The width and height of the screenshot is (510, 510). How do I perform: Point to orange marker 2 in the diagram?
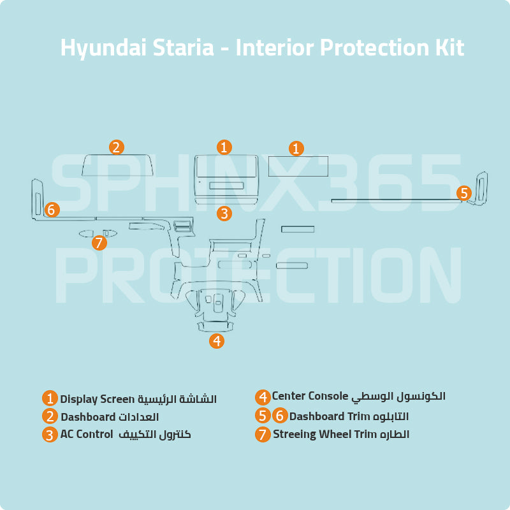[116, 147]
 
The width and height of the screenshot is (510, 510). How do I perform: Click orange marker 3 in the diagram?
[224, 213]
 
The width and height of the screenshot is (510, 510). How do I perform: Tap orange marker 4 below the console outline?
[217, 341]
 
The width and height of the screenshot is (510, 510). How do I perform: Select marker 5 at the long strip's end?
[463, 193]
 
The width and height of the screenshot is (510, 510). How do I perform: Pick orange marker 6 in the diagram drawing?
[52, 209]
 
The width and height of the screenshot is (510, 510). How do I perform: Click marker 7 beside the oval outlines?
[98, 242]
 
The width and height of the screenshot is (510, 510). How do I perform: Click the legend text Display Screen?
[97, 399]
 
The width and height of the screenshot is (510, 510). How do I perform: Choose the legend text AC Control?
[87, 435]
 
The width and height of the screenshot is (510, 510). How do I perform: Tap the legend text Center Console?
[309, 397]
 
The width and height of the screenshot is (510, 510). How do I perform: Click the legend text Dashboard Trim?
[328, 416]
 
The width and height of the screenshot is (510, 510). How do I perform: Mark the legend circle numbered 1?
[50, 398]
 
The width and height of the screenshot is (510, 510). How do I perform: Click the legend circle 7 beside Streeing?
[263, 435]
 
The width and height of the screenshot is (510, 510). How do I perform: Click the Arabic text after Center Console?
[399, 397]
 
